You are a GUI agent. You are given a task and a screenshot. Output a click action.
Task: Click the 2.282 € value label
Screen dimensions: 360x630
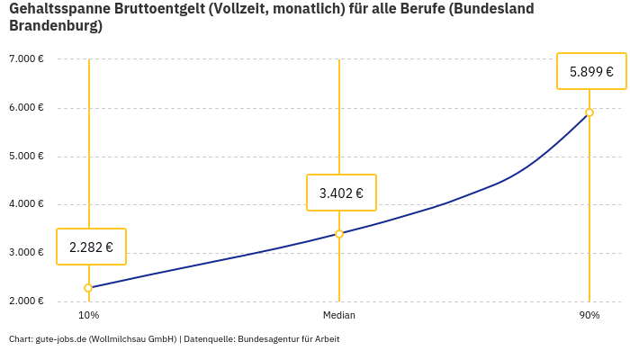click(91, 247)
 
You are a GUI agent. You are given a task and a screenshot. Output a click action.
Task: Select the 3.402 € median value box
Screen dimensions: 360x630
click(341, 193)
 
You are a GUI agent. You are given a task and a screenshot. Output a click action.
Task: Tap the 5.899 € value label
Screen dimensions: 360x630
click(591, 71)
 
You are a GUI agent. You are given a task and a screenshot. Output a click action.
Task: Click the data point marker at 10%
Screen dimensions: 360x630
click(88, 288)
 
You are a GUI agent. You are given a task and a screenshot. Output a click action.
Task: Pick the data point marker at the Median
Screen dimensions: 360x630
click(339, 234)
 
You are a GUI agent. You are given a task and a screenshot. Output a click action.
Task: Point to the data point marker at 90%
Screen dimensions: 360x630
click(589, 112)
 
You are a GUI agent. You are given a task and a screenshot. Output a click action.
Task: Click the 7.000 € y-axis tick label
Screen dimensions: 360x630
click(27, 59)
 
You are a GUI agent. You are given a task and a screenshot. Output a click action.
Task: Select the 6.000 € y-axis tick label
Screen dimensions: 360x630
click(27, 108)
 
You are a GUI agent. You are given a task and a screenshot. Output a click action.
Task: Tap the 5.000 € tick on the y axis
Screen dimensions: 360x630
click(27, 156)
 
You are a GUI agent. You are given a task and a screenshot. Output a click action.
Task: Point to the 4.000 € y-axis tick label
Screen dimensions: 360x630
click(27, 204)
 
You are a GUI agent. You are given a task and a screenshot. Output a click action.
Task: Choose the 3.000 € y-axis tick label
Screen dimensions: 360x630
click(27, 252)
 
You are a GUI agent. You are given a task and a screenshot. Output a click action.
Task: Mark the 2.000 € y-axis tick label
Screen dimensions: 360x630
click(27, 301)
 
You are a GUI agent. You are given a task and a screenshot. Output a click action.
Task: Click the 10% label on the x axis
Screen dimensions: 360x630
click(88, 316)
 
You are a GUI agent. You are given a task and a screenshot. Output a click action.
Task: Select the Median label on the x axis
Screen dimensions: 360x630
click(339, 316)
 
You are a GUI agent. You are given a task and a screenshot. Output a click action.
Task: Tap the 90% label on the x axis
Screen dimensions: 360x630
click(589, 316)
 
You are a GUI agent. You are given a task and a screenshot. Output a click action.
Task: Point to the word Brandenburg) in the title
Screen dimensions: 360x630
click(56, 26)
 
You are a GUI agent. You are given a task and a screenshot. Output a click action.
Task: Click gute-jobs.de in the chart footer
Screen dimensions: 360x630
click(60, 339)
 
